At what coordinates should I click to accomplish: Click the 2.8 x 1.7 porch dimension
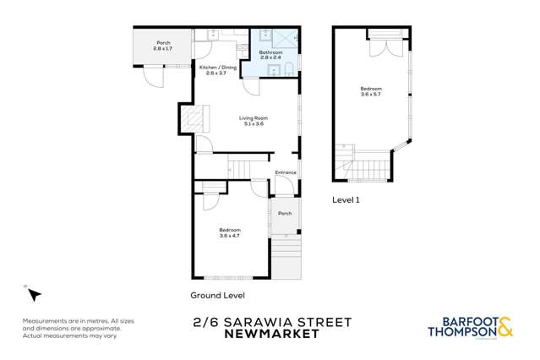pyautogui.click(x=162, y=49)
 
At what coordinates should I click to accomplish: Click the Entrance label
pyautogui.click(x=285, y=173)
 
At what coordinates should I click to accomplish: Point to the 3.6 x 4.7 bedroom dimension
pyautogui.click(x=230, y=236)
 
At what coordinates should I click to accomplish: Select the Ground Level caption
pyautogui.click(x=217, y=295)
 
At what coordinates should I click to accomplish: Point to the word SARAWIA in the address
pyautogui.click(x=261, y=322)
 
